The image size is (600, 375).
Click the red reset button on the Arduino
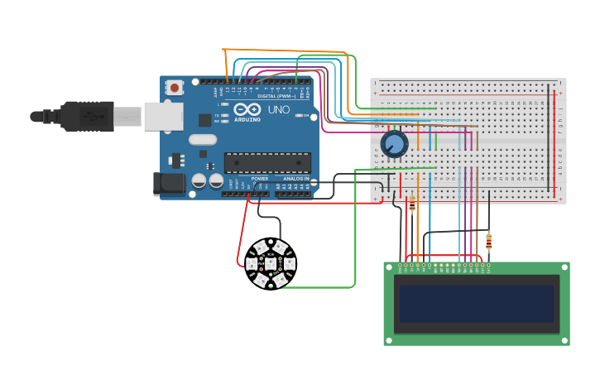coord(175,86)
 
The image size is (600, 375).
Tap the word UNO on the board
coord(278,110)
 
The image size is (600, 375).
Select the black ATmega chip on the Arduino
coord(267,163)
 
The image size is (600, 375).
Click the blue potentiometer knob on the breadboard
coord(395,145)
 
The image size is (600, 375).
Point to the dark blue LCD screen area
coord(476,304)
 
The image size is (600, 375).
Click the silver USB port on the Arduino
coord(163,117)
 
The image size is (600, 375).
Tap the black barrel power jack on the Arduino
coord(170,184)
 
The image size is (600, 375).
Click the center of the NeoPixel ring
coord(270,264)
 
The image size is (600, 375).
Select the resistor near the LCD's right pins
coord(489,242)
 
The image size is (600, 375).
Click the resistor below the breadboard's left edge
coord(412,205)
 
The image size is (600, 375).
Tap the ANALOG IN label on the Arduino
coord(296,179)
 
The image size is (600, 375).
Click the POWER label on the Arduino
coord(260,179)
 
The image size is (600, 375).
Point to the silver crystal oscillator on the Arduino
coord(203,140)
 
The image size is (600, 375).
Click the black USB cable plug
coord(87,117)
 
